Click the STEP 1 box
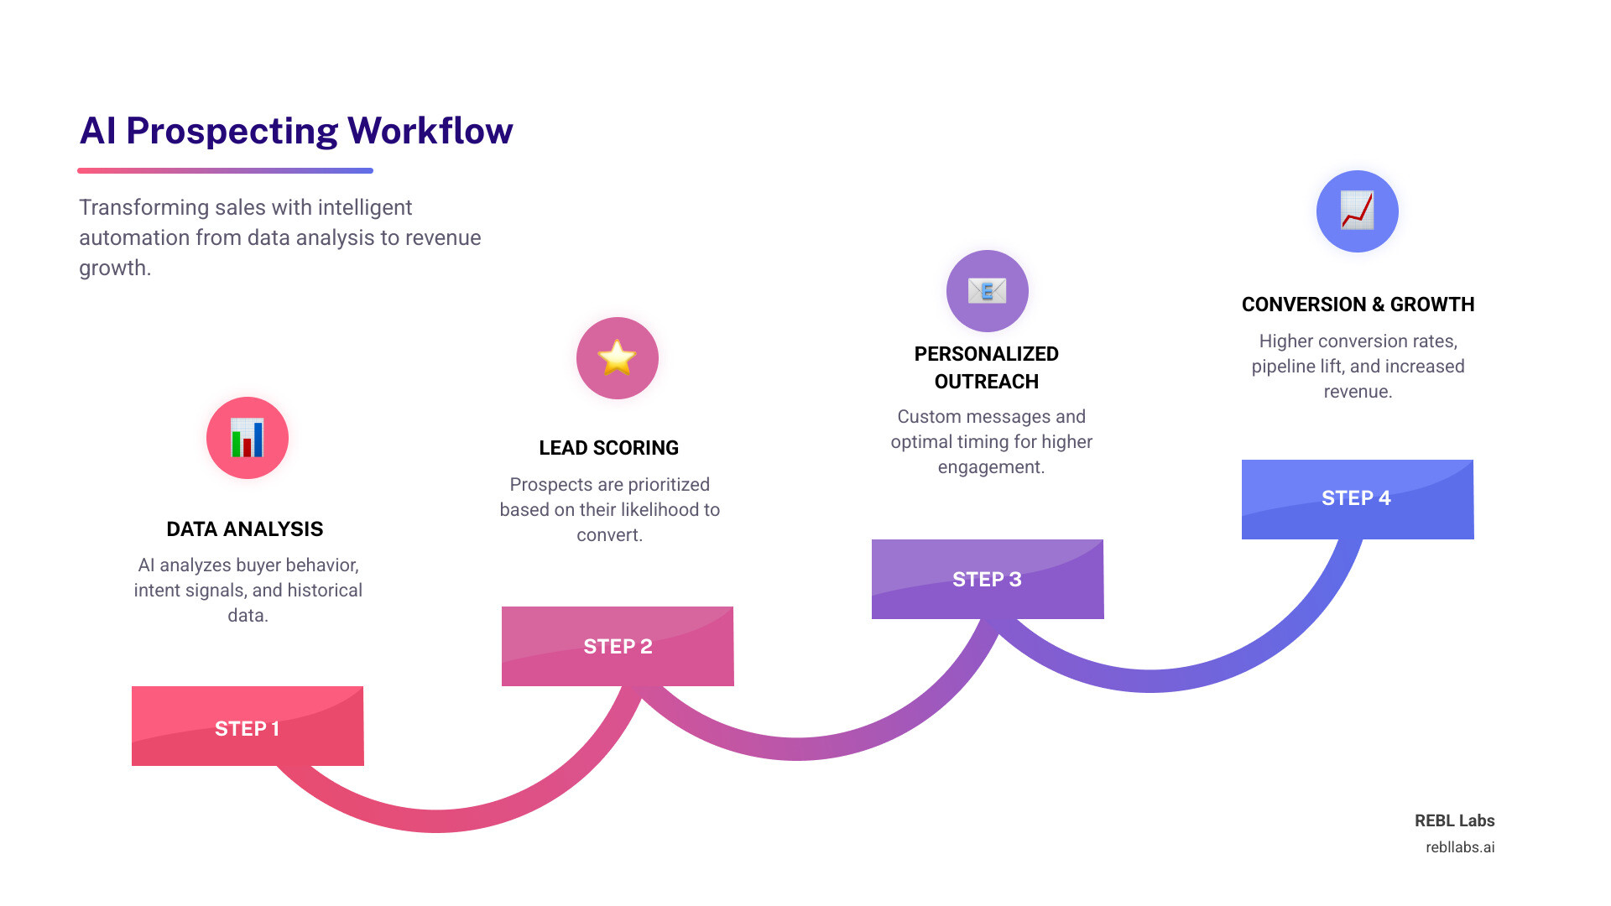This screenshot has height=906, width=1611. (248, 726)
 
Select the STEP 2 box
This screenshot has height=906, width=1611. (618, 646)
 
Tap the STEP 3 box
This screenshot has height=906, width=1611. (987, 579)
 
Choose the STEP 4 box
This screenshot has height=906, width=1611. (1357, 498)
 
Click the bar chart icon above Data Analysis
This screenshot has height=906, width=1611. (248, 438)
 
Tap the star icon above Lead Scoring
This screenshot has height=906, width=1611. (617, 358)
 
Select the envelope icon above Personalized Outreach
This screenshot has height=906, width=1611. (987, 291)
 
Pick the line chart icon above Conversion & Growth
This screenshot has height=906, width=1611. (1357, 211)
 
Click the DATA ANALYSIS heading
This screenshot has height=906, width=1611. (244, 529)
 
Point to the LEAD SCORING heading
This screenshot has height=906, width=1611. (608, 448)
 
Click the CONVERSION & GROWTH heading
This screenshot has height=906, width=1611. (1358, 305)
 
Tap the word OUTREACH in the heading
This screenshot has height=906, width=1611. (986, 382)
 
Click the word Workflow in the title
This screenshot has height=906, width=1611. (430, 131)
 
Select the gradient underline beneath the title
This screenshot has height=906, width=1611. (225, 170)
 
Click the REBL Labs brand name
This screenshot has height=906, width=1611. (1454, 820)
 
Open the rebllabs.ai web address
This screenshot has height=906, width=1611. (1459, 847)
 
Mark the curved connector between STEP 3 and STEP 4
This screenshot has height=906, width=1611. (1150, 680)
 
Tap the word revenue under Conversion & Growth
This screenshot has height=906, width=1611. (1358, 392)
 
